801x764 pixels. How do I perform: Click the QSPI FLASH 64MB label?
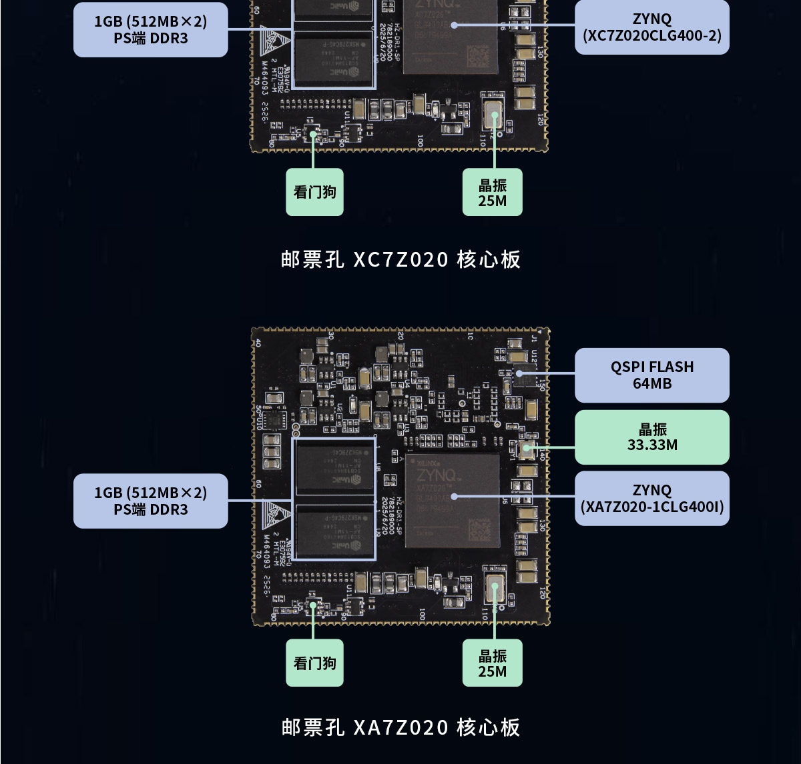pyautogui.click(x=651, y=375)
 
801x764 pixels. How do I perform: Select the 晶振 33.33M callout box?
pyautogui.click(x=651, y=437)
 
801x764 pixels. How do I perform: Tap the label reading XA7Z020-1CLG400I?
pyautogui.click(x=651, y=499)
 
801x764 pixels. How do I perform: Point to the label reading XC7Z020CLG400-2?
pyautogui.click(x=651, y=27)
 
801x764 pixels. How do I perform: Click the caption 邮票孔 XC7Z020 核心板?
pyautogui.click(x=400, y=259)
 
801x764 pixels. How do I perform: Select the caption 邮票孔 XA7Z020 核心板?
pyautogui.click(x=400, y=727)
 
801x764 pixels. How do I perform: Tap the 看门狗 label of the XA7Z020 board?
pyautogui.click(x=314, y=663)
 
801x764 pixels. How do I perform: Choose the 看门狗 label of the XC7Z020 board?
pyautogui.click(x=314, y=192)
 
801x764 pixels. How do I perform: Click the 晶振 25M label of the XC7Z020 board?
pyautogui.click(x=493, y=193)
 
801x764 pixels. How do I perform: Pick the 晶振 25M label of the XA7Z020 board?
pyautogui.click(x=493, y=663)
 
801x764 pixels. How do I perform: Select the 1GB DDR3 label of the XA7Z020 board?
pyautogui.click(x=150, y=501)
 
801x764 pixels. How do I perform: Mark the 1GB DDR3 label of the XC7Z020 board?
pyautogui.click(x=150, y=30)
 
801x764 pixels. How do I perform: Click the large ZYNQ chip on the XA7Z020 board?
pyautogui.click(x=452, y=501)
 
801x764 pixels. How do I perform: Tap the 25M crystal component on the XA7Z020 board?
pyautogui.click(x=494, y=588)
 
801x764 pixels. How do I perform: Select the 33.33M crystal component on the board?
pyautogui.click(x=528, y=448)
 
